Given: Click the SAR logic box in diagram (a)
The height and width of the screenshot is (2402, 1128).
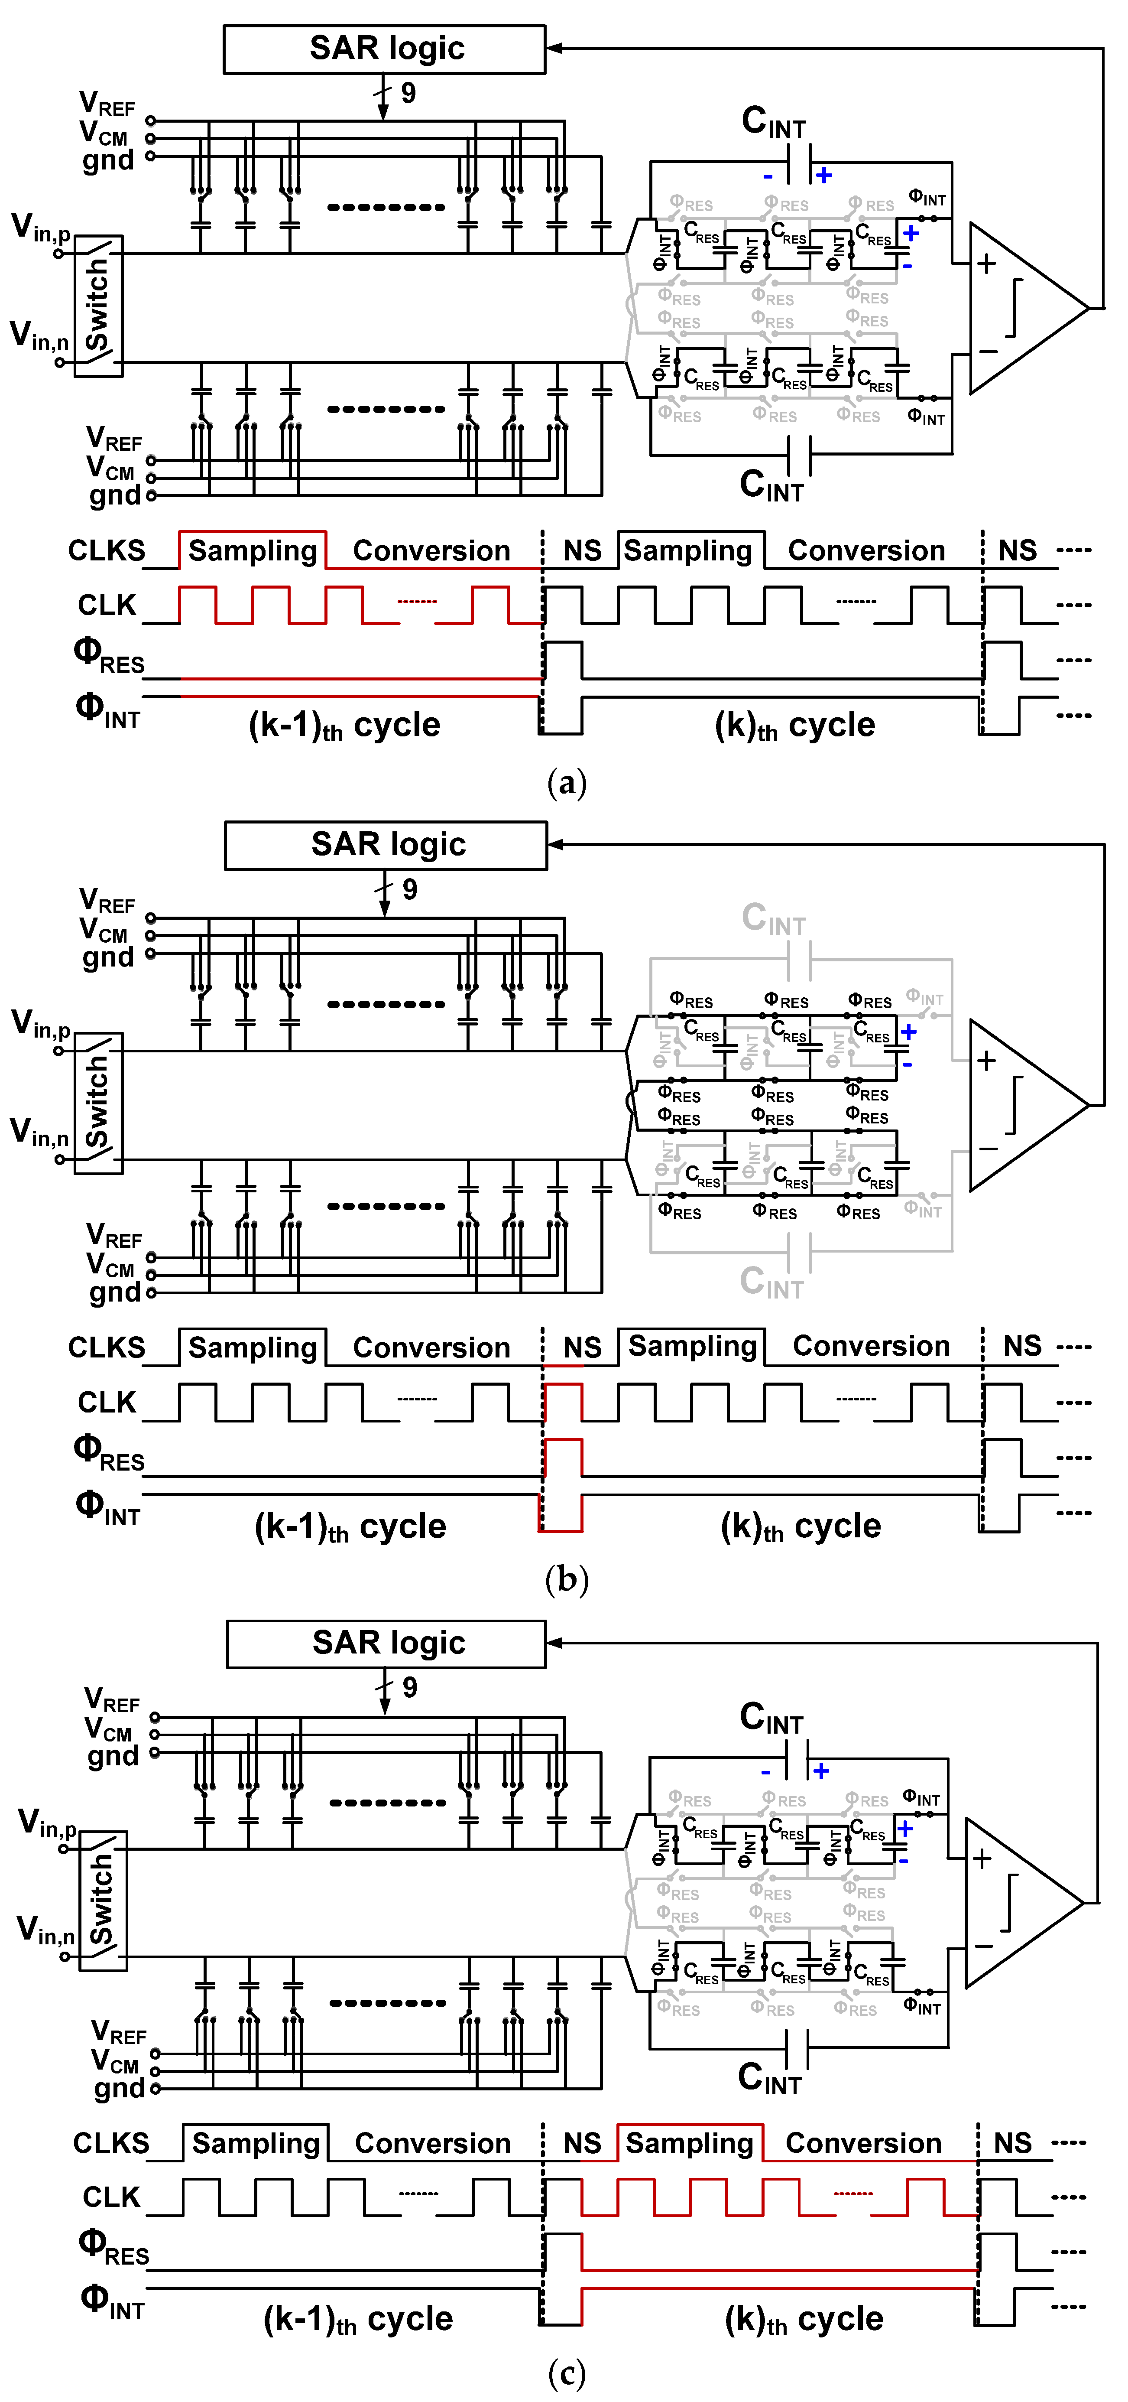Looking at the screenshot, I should pyautogui.click(x=384, y=49).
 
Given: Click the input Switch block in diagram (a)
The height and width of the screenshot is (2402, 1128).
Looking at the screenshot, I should pyautogui.click(x=98, y=306).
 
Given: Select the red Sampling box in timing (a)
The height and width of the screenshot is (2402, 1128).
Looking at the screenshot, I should pyautogui.click(x=253, y=550).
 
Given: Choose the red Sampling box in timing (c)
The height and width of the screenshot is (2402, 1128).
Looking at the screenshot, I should pyautogui.click(x=690, y=2143).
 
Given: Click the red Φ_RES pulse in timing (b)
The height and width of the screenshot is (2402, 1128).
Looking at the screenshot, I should pyautogui.click(x=562, y=1458).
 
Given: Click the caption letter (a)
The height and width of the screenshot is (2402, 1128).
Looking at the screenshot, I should pyautogui.click(x=566, y=781).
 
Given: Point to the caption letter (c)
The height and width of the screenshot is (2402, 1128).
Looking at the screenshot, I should pyautogui.click(x=566, y=2373).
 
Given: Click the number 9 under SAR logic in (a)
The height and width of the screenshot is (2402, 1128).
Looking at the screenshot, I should pyautogui.click(x=408, y=93).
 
